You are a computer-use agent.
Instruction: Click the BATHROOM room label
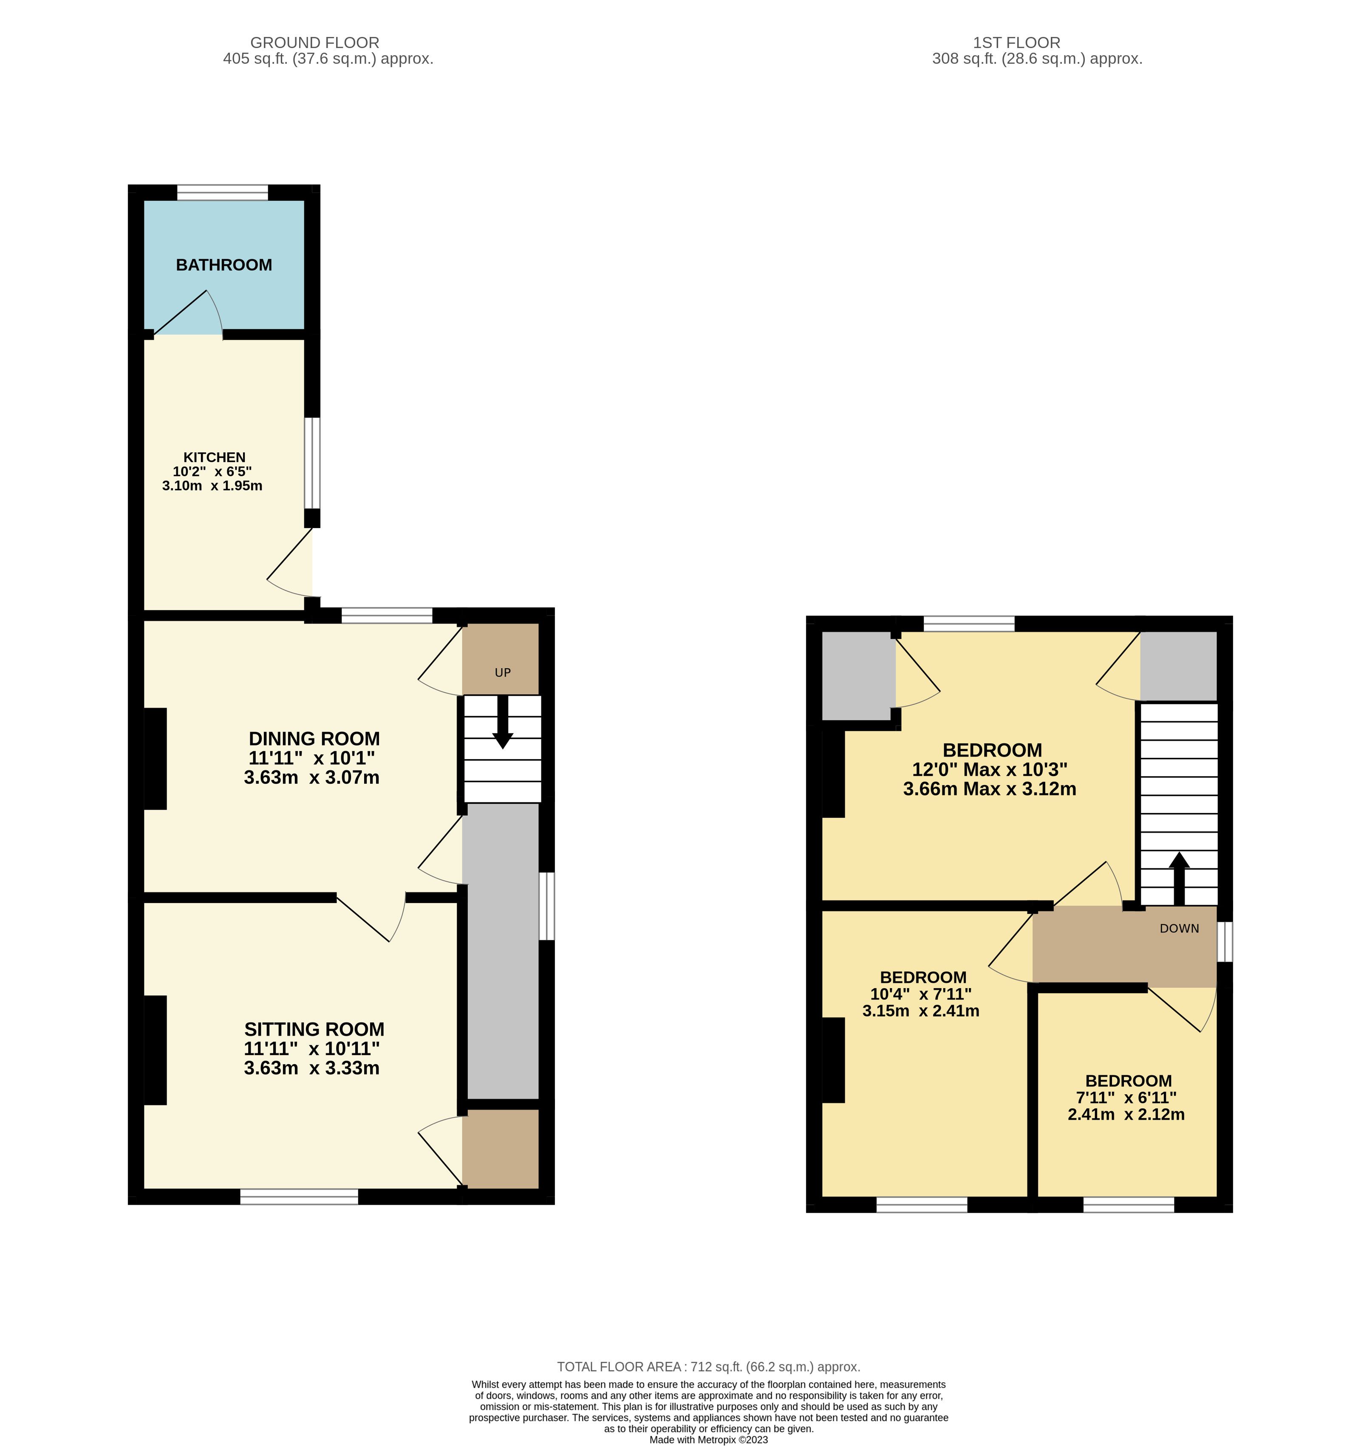coord(224,265)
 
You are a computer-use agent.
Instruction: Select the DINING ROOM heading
coord(314,738)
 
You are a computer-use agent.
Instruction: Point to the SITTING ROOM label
coord(314,1029)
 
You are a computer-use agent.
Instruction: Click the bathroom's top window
coord(223,193)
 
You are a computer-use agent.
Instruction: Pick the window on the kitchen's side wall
coord(312,463)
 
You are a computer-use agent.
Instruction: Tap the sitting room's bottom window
coord(300,1197)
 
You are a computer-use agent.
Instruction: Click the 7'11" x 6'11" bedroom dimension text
coord(1126,1098)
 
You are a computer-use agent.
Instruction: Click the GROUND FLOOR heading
coord(315,43)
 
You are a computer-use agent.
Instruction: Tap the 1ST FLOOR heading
coord(1016,43)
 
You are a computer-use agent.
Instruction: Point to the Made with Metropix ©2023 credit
coord(708,1440)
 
